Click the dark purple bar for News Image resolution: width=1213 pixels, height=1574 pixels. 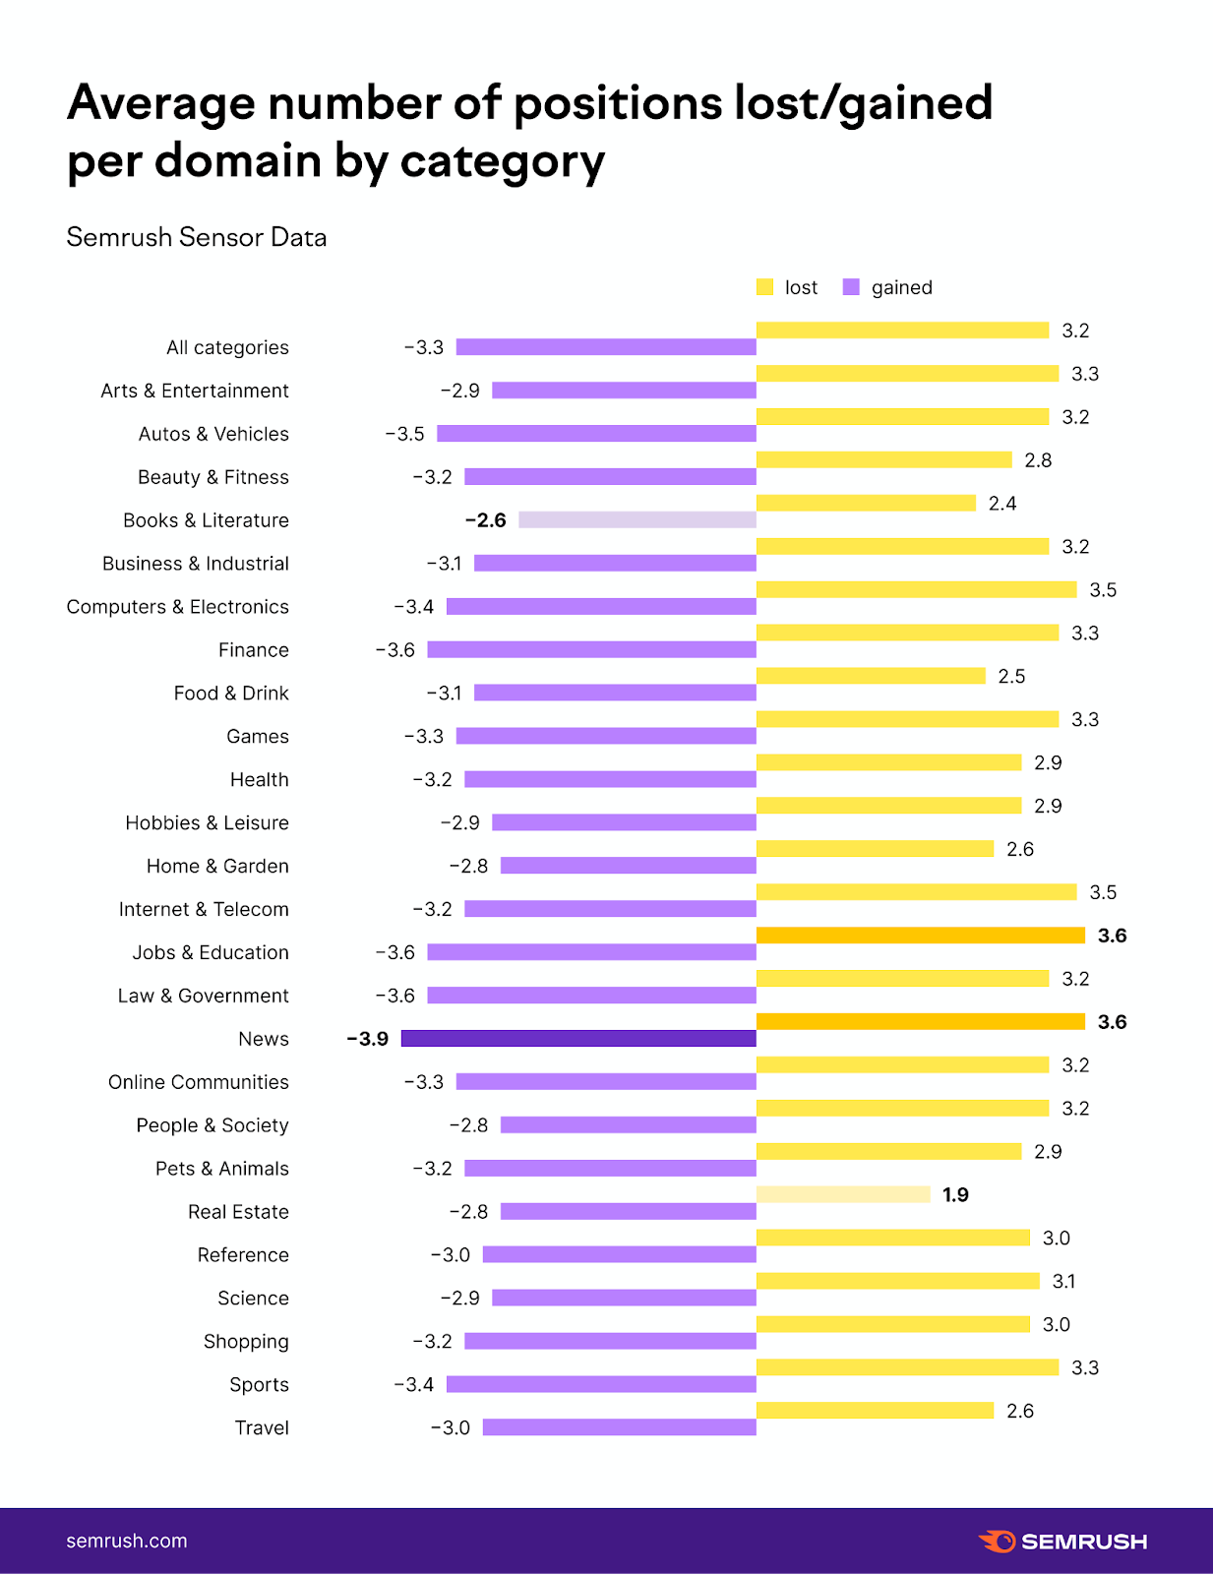[578, 1039]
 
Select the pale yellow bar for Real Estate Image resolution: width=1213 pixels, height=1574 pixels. [843, 1194]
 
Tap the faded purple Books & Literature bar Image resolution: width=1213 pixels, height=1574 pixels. [637, 519]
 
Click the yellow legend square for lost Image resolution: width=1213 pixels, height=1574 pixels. [764, 287]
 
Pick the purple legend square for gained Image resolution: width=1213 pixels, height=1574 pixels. [851, 287]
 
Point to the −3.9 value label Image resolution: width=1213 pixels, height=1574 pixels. [368, 1039]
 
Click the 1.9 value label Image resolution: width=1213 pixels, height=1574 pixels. [955, 1194]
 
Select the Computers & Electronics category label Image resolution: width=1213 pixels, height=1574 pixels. [178, 607]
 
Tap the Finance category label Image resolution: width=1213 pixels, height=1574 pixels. [254, 650]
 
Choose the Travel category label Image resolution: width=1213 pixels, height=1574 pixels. [262, 1427]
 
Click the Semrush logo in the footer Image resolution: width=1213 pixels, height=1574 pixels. [1062, 1542]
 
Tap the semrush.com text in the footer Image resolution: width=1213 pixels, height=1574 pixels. [127, 1542]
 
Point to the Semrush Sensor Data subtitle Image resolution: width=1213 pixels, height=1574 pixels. [197, 237]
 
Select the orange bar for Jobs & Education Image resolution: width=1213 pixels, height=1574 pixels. [921, 936]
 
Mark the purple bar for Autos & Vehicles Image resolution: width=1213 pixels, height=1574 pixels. [596, 434]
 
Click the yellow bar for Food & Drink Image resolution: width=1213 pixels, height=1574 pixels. [871, 676]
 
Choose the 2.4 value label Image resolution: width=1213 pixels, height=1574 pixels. [1002, 504]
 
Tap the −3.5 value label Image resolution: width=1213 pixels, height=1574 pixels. [404, 434]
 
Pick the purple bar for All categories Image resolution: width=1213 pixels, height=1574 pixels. [606, 347]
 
